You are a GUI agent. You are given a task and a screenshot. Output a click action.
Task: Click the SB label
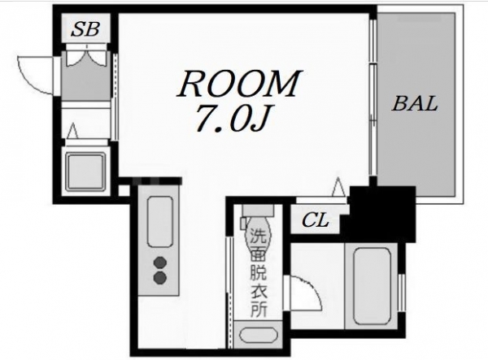click(85, 29)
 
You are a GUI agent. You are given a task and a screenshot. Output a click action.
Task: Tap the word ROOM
click(239, 83)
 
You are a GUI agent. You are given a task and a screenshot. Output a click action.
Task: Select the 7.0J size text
click(231, 117)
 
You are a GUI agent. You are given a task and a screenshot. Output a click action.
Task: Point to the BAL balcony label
click(415, 104)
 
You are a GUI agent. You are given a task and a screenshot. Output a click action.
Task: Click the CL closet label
click(316, 219)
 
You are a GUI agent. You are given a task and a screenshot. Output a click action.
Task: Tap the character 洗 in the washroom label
click(258, 236)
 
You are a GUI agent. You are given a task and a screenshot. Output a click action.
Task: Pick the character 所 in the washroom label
click(259, 309)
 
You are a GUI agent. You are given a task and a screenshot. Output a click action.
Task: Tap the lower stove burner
click(160, 277)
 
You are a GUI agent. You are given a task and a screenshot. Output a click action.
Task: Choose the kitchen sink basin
click(159, 222)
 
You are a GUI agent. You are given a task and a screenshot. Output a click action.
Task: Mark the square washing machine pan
click(85, 171)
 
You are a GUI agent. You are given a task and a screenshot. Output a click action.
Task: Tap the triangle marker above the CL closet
click(338, 187)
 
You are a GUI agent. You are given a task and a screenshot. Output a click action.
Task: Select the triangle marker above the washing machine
click(73, 131)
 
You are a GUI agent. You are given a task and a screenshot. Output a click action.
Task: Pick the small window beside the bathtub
click(402, 293)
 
